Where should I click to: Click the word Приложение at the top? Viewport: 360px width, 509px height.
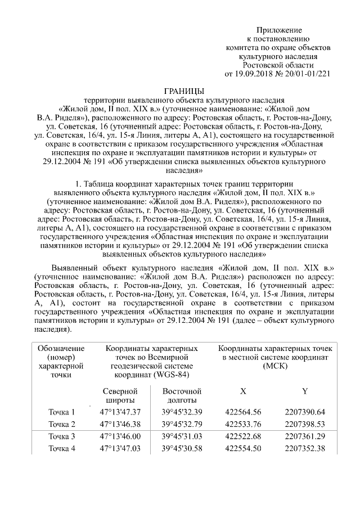(x=280, y=30)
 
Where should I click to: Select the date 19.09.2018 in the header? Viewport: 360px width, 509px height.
(x=252, y=74)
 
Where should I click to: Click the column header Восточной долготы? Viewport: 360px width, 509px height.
(x=182, y=395)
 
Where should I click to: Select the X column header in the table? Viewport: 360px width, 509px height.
(x=243, y=391)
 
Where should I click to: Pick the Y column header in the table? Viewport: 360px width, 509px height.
(x=305, y=391)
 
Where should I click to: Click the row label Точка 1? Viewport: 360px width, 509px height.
(x=62, y=412)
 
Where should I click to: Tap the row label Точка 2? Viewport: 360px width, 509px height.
(x=62, y=424)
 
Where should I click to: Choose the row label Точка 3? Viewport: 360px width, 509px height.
(x=62, y=436)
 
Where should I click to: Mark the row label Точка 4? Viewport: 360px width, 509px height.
(x=62, y=448)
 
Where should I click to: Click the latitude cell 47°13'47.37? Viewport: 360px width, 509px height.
(x=119, y=412)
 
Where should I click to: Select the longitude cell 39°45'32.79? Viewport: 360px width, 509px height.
(x=182, y=424)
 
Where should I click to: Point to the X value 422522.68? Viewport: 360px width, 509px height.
(x=243, y=436)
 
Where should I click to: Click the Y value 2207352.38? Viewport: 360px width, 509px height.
(x=305, y=448)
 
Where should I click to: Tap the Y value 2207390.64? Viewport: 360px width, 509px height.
(x=305, y=412)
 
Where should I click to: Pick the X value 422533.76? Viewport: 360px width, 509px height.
(x=243, y=424)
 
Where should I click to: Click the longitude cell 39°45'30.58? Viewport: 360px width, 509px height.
(x=182, y=448)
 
